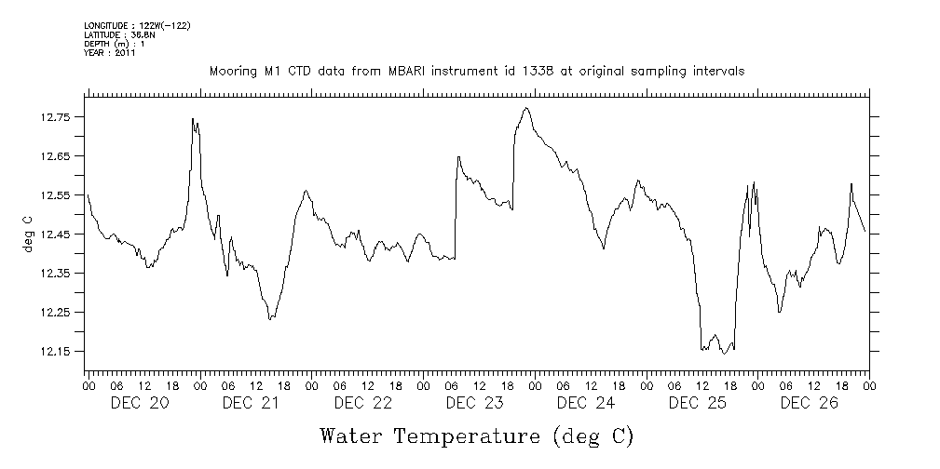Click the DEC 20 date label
[140, 403]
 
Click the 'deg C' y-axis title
[27, 234]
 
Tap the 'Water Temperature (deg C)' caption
[476, 435]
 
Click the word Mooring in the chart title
[230, 71]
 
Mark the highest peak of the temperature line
[527, 108]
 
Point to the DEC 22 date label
[363, 403]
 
